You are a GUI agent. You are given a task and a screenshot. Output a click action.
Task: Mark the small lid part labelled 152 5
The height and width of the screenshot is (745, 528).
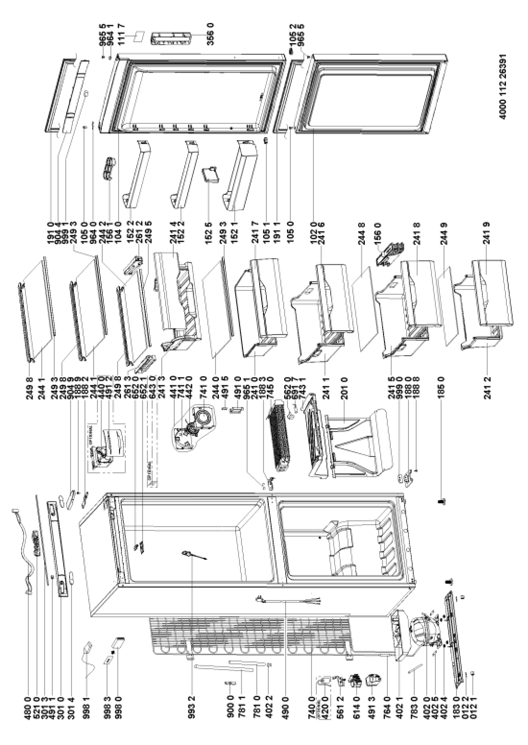click(211, 174)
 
